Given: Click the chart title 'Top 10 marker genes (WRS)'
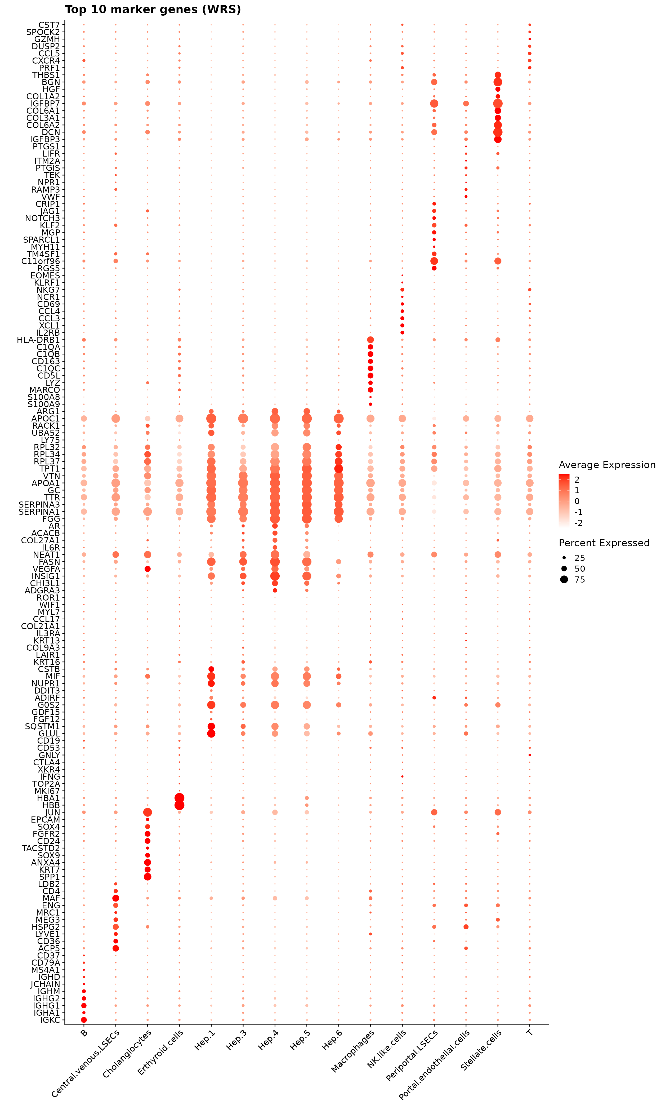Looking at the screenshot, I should [153, 9].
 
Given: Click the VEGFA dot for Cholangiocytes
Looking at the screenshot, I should [148, 569].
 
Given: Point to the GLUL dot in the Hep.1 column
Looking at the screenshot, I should [211, 734].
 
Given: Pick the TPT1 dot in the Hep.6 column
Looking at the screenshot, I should [338, 469].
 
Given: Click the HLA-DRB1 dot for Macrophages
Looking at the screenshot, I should [370, 340].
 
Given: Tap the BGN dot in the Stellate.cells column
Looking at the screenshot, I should [498, 82].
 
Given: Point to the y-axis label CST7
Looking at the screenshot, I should [49, 25].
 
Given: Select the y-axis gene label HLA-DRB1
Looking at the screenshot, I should [38, 340].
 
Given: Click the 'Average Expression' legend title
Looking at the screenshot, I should [607, 465].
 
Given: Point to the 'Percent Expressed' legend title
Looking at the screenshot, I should [604, 543].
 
